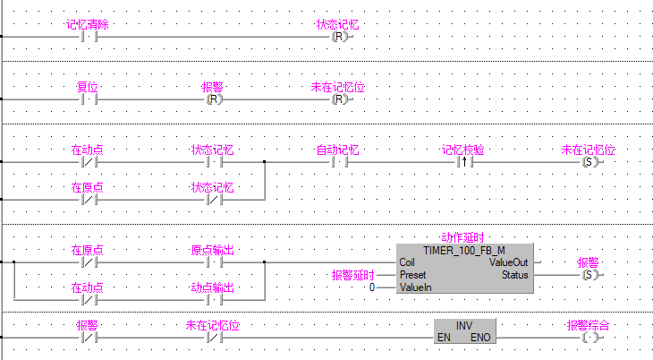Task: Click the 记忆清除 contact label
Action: point(88,24)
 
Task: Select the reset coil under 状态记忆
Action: point(338,37)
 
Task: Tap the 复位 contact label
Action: point(88,87)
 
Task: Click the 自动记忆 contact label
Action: point(338,150)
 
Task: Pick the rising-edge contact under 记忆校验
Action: point(463,162)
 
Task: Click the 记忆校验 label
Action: point(463,150)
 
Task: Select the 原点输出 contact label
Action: point(213,250)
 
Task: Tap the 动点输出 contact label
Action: point(213,287)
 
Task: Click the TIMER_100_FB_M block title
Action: point(463,250)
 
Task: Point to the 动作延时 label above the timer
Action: point(463,237)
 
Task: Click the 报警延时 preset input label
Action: point(352,275)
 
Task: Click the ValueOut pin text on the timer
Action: point(508,262)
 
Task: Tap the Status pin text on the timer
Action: point(514,275)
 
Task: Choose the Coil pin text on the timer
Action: point(408,262)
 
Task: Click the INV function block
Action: point(463,330)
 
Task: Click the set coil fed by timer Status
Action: point(589,275)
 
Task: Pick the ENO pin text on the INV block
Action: point(481,337)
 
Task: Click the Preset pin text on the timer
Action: point(412,275)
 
